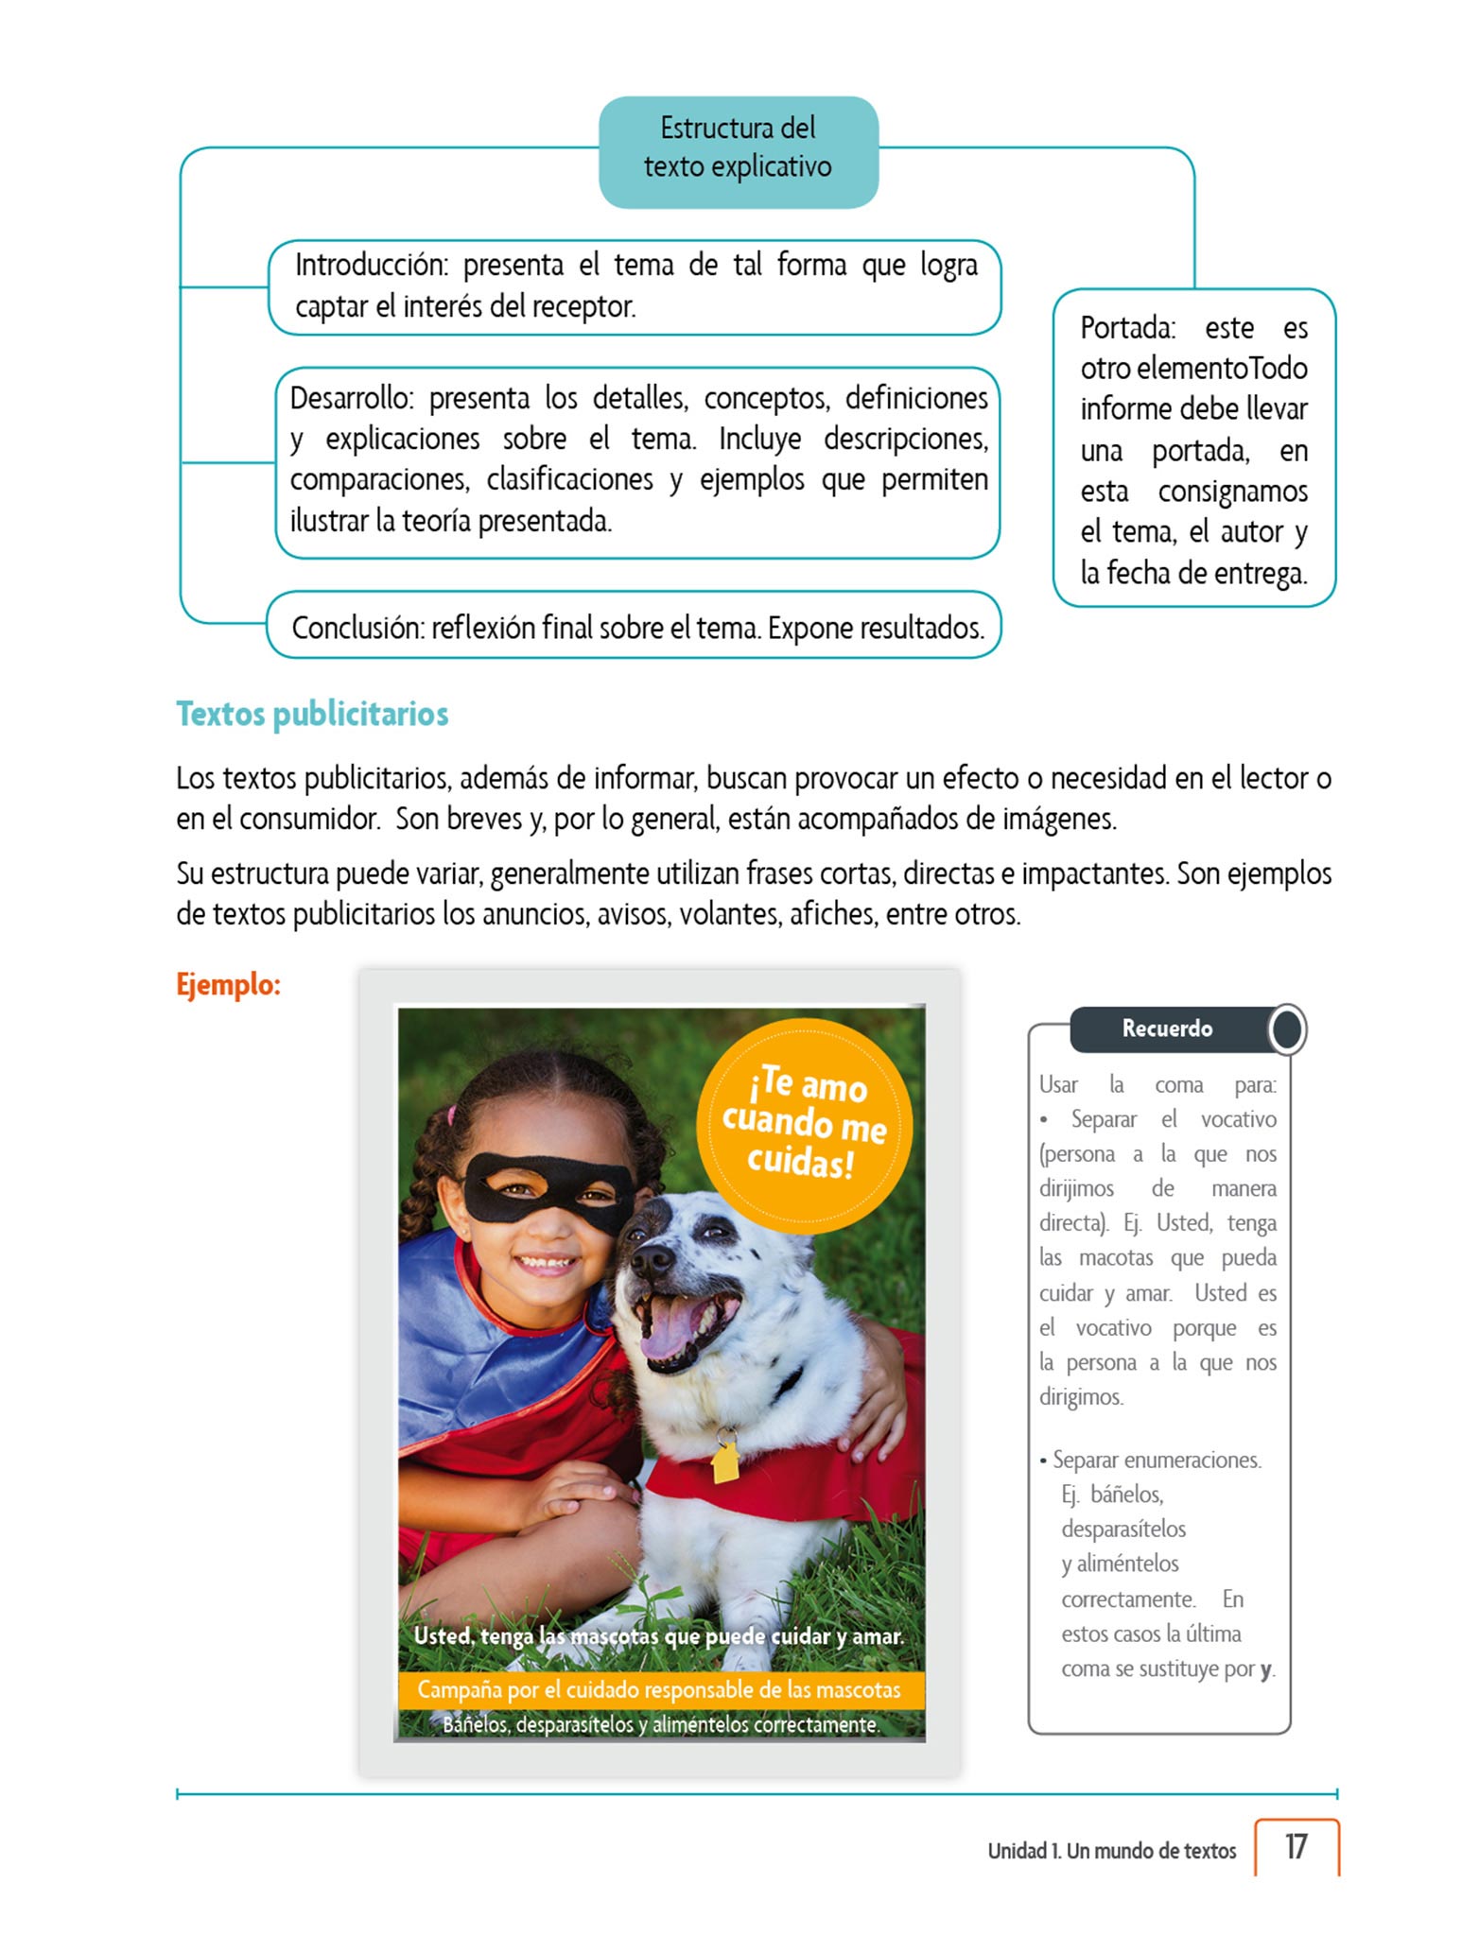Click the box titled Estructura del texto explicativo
coord(738,148)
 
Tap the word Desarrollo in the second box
coord(351,399)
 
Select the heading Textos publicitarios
coord(312,714)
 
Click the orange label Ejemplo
coord(228,985)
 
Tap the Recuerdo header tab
coord(1167,1028)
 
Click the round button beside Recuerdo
coord(1287,1029)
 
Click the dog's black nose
coord(652,1257)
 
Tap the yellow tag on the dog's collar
coord(725,1461)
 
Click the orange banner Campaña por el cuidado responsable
coord(659,1689)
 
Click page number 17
coord(1296,1846)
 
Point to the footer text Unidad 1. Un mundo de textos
coord(1111,1851)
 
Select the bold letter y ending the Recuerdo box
coord(1265,1669)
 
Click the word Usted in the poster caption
coord(444,1636)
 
